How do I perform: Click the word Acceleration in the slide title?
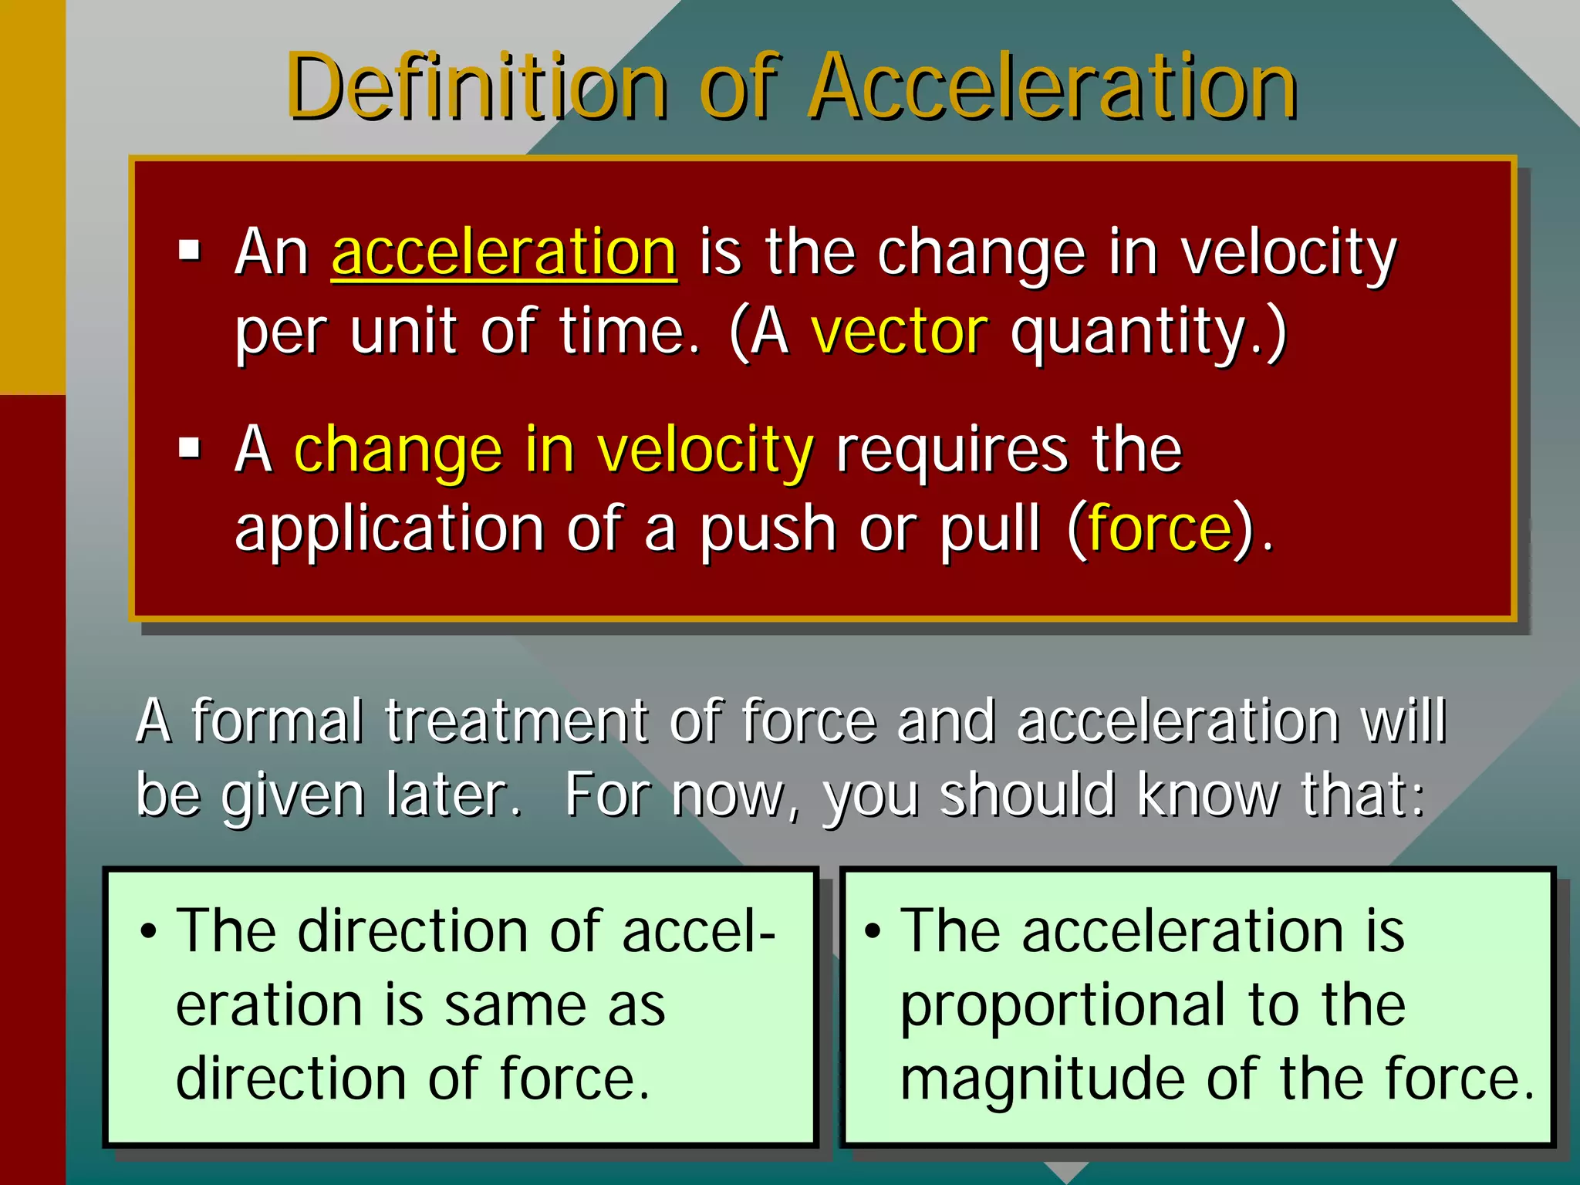point(1053,86)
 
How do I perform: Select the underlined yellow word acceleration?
point(504,252)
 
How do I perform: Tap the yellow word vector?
point(899,332)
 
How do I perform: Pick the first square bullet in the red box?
point(189,251)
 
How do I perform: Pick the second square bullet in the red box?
point(189,448)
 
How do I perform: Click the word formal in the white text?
point(276,721)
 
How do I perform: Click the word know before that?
point(1208,795)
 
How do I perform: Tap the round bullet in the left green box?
point(148,932)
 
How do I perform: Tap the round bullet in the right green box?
point(872,932)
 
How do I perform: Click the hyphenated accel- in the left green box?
point(698,932)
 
